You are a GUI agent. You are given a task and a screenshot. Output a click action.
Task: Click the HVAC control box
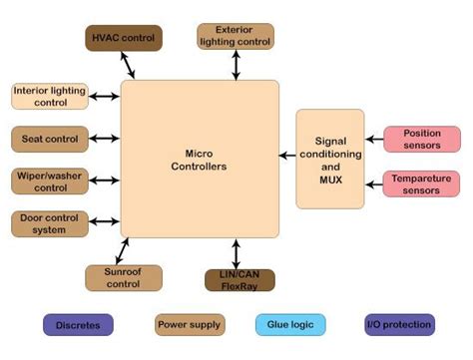click(x=124, y=38)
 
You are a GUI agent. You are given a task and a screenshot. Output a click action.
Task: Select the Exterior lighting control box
click(x=236, y=37)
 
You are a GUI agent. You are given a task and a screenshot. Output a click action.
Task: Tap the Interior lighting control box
click(x=45, y=97)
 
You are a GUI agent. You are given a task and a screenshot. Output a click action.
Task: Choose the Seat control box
click(x=45, y=139)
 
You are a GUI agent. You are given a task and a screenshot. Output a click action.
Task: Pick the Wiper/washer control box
click(x=45, y=180)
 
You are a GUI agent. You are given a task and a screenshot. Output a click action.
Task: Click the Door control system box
click(x=45, y=223)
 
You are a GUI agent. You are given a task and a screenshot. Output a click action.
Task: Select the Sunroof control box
click(x=124, y=277)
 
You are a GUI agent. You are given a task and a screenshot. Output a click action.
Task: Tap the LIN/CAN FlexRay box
click(x=239, y=279)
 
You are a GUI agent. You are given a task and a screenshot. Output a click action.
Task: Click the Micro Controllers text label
click(x=199, y=160)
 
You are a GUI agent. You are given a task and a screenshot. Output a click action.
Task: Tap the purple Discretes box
click(x=78, y=324)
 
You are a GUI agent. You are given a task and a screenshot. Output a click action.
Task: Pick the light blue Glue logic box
click(x=289, y=324)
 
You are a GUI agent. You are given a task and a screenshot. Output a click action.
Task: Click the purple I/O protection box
click(x=399, y=324)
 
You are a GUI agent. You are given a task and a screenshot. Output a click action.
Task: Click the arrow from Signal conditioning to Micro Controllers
click(x=288, y=156)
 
